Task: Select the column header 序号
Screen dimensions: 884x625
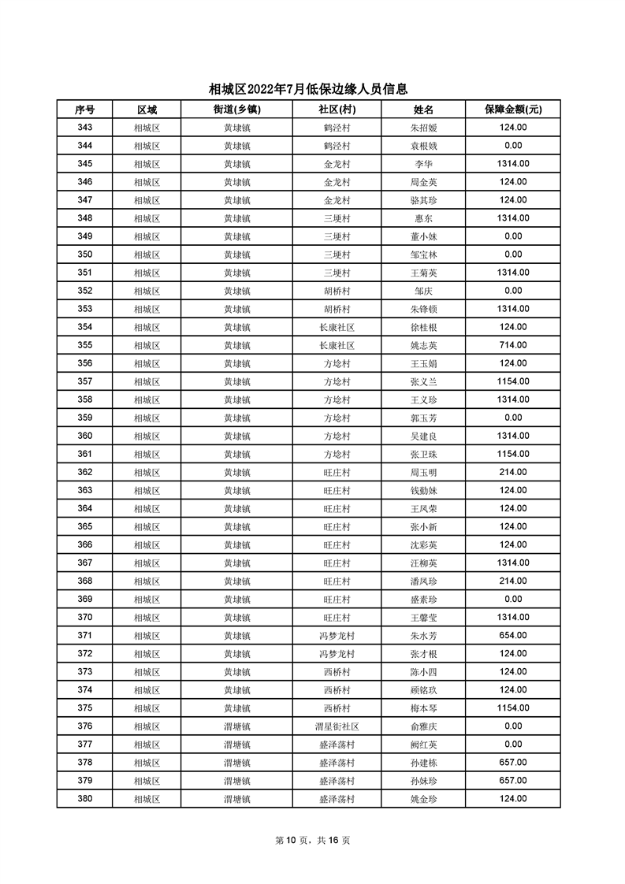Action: tap(84, 110)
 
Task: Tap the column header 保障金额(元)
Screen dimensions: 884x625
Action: tap(512, 110)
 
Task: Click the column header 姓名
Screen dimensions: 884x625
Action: tap(423, 110)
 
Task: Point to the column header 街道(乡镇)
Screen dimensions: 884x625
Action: tap(236, 110)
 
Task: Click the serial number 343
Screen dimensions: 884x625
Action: tap(84, 128)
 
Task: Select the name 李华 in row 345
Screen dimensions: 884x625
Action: tap(423, 164)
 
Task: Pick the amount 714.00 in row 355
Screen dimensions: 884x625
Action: tap(512, 345)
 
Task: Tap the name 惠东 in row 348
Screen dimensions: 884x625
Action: tap(423, 218)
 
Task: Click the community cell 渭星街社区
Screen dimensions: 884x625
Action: tap(337, 726)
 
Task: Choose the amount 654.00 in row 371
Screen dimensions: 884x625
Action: tap(512, 636)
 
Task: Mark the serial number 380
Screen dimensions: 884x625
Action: tap(84, 799)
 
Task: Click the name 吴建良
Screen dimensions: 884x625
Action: tap(423, 436)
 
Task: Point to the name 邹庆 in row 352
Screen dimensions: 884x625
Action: tap(423, 291)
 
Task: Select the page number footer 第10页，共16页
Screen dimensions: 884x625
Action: tap(312, 841)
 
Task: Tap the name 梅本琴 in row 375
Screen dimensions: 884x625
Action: tap(423, 708)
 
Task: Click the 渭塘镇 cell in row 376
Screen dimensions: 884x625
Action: tap(236, 726)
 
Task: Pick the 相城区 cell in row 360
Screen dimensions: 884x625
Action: tap(147, 436)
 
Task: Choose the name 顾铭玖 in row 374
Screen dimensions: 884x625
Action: tap(423, 690)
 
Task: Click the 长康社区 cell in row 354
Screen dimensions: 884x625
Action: tap(337, 327)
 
